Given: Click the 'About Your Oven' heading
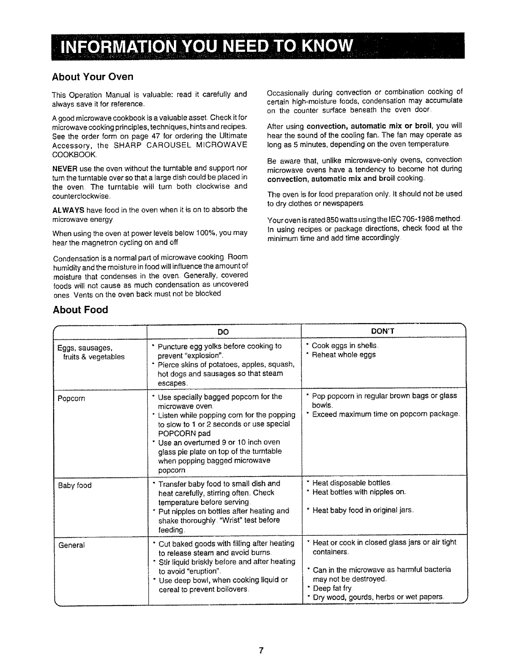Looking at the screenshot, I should pyautogui.click(x=92, y=77).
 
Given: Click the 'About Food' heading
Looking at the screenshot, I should pyautogui.click(x=80, y=310).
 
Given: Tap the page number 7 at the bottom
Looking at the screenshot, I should pyautogui.click(x=260, y=650).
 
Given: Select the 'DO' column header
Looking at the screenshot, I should pyautogui.click(x=224, y=331).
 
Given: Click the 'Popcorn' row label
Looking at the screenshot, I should pyautogui.click(x=71, y=398).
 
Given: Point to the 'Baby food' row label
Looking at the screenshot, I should pyautogui.click(x=75, y=485).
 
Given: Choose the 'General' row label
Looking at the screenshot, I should pyautogui.click(x=71, y=545).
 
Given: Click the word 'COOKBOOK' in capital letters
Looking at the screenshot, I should pyautogui.click(x=74, y=155).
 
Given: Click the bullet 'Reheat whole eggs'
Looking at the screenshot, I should pyautogui.click(x=344, y=355).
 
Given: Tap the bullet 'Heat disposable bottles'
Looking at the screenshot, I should pyautogui.click(x=351, y=483).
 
